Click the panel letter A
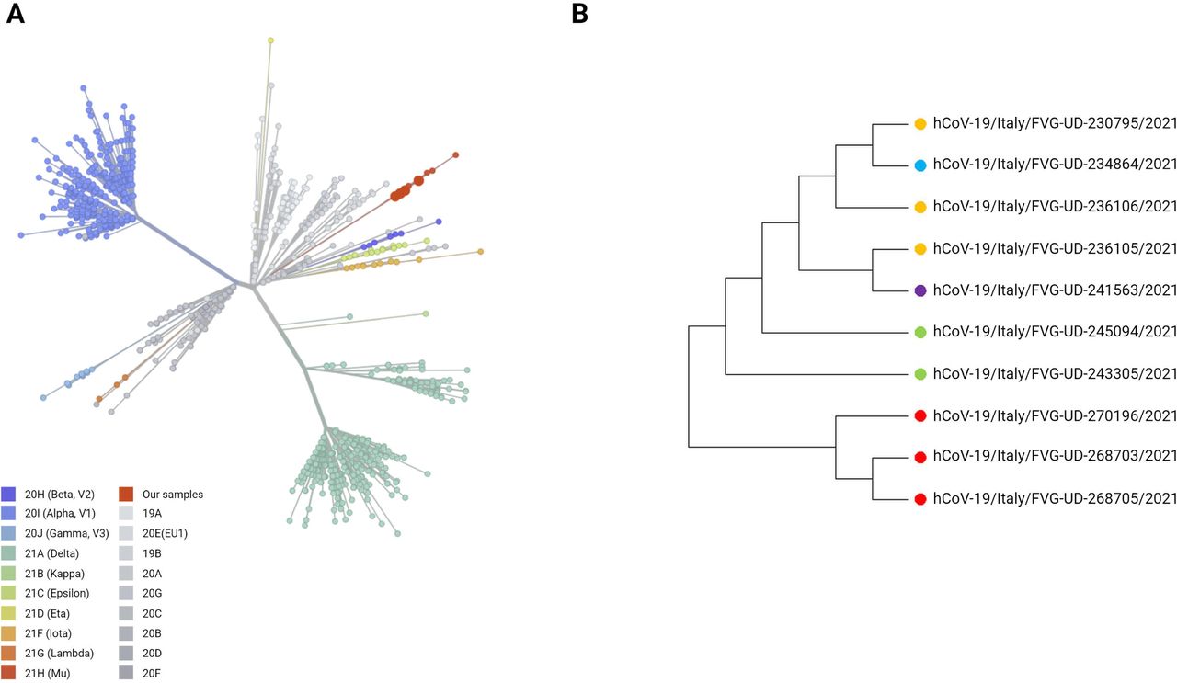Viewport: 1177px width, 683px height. pos(16,14)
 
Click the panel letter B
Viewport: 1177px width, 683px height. pos(579,14)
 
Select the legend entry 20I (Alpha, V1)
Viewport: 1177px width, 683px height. pos(60,513)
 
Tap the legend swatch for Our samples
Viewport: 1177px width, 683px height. pos(126,495)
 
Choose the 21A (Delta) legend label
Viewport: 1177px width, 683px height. pos(51,553)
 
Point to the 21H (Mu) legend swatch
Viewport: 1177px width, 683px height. pos(8,673)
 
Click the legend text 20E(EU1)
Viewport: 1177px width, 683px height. pos(165,533)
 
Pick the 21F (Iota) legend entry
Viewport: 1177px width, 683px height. pos(48,633)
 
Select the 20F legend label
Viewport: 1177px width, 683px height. pos(152,673)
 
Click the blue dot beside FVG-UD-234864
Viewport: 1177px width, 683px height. pos(920,165)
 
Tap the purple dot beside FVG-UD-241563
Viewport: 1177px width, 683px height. pos(920,290)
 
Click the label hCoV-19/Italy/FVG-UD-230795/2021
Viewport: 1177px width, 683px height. pos(1055,123)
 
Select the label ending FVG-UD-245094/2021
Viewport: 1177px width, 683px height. pos(1055,332)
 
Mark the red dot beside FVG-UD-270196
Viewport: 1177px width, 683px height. pos(920,416)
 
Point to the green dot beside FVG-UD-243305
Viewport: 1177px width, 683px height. pos(920,374)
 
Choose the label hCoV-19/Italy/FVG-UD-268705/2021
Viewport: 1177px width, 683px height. pos(1055,498)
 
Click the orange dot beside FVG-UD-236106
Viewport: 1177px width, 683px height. pos(920,208)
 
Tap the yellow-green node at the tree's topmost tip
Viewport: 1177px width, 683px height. pos(270,40)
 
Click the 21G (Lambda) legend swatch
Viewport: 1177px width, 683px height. pos(8,653)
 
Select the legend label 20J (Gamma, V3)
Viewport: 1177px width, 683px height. pos(67,533)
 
